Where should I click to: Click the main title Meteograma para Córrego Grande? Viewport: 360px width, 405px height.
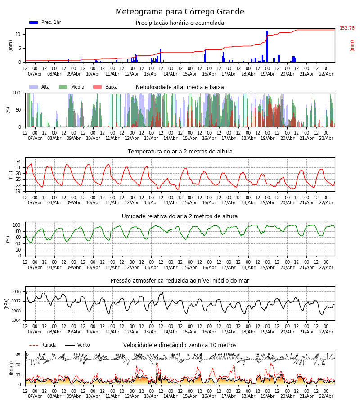(180, 12)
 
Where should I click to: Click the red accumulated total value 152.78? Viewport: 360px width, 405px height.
(347, 28)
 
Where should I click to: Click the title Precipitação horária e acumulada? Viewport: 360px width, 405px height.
(180, 23)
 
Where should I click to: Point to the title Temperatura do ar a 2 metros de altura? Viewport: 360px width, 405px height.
(180, 152)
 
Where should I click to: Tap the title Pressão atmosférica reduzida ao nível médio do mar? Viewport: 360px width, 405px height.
(180, 281)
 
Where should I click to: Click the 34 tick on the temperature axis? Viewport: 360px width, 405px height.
(18, 162)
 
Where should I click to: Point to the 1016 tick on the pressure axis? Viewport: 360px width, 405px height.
(16, 292)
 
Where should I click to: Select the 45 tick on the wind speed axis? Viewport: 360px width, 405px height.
(18, 355)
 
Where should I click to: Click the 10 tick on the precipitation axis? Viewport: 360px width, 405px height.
(18, 34)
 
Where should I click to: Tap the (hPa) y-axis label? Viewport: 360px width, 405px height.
(7, 303)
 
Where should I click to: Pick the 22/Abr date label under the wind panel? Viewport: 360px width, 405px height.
(326, 396)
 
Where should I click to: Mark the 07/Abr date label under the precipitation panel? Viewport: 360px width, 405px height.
(35, 74)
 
